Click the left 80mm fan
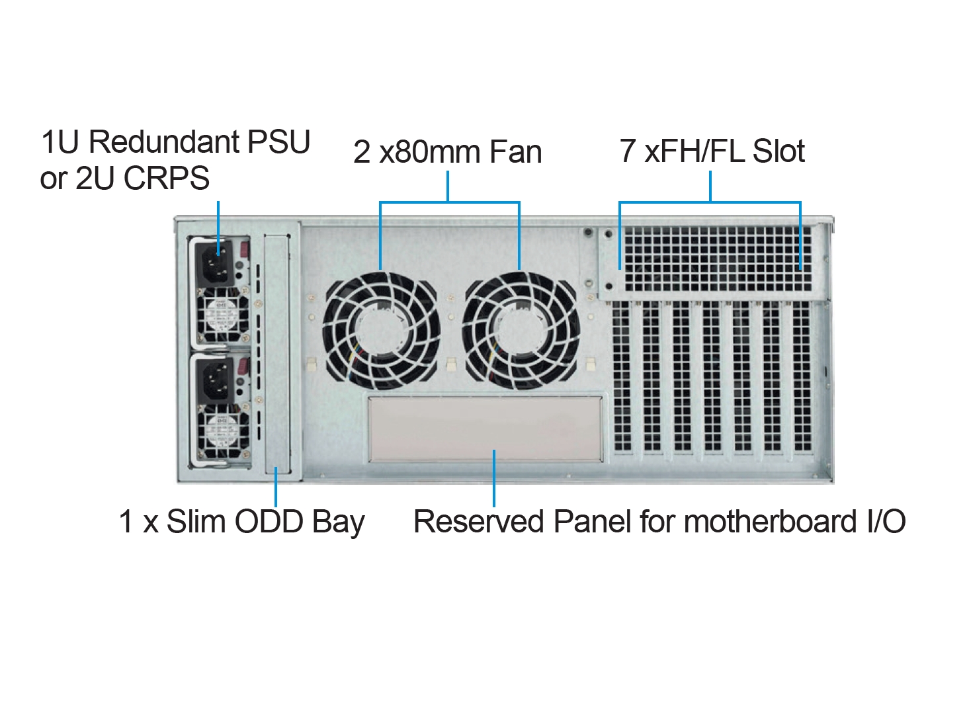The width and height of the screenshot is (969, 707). (x=382, y=331)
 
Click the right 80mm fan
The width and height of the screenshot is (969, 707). (x=521, y=331)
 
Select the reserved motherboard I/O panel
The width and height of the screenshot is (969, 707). (x=485, y=429)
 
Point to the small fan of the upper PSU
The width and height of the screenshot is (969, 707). (x=223, y=314)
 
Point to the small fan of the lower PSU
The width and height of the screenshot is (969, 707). (x=223, y=434)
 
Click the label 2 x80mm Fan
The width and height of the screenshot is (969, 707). (x=447, y=151)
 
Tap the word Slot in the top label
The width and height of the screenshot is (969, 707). (x=779, y=151)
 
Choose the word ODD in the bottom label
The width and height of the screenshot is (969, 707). (x=269, y=522)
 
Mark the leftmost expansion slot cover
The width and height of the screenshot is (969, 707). (x=622, y=376)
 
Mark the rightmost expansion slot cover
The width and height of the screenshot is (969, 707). (x=802, y=376)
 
